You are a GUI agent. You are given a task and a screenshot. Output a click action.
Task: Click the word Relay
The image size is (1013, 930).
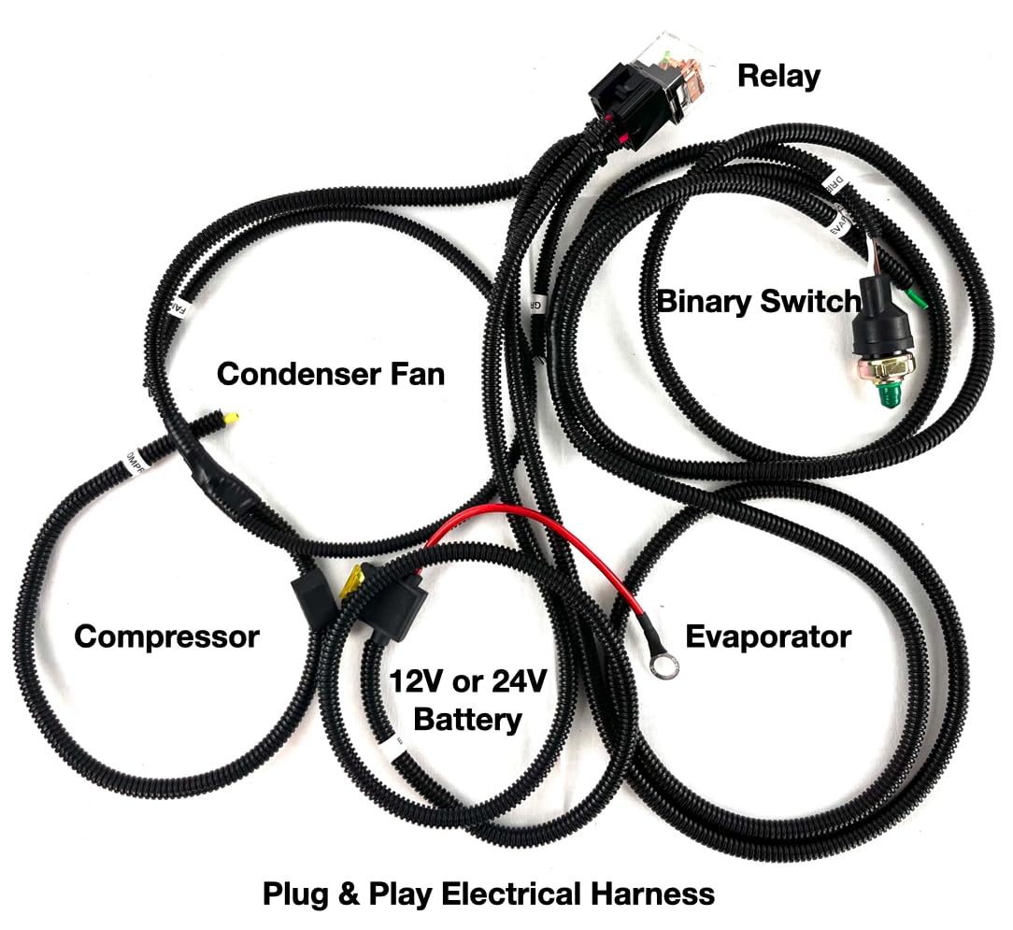pos(778,75)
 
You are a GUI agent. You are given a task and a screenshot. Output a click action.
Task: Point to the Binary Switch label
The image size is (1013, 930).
pos(759,301)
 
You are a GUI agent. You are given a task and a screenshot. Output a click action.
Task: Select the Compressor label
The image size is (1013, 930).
pos(166,637)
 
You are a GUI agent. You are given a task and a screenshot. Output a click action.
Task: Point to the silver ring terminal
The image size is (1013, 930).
pos(666,667)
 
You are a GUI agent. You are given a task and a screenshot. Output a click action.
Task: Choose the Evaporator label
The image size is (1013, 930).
pos(768,637)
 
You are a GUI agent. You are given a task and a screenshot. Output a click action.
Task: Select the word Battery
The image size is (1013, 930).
pos(467,720)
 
